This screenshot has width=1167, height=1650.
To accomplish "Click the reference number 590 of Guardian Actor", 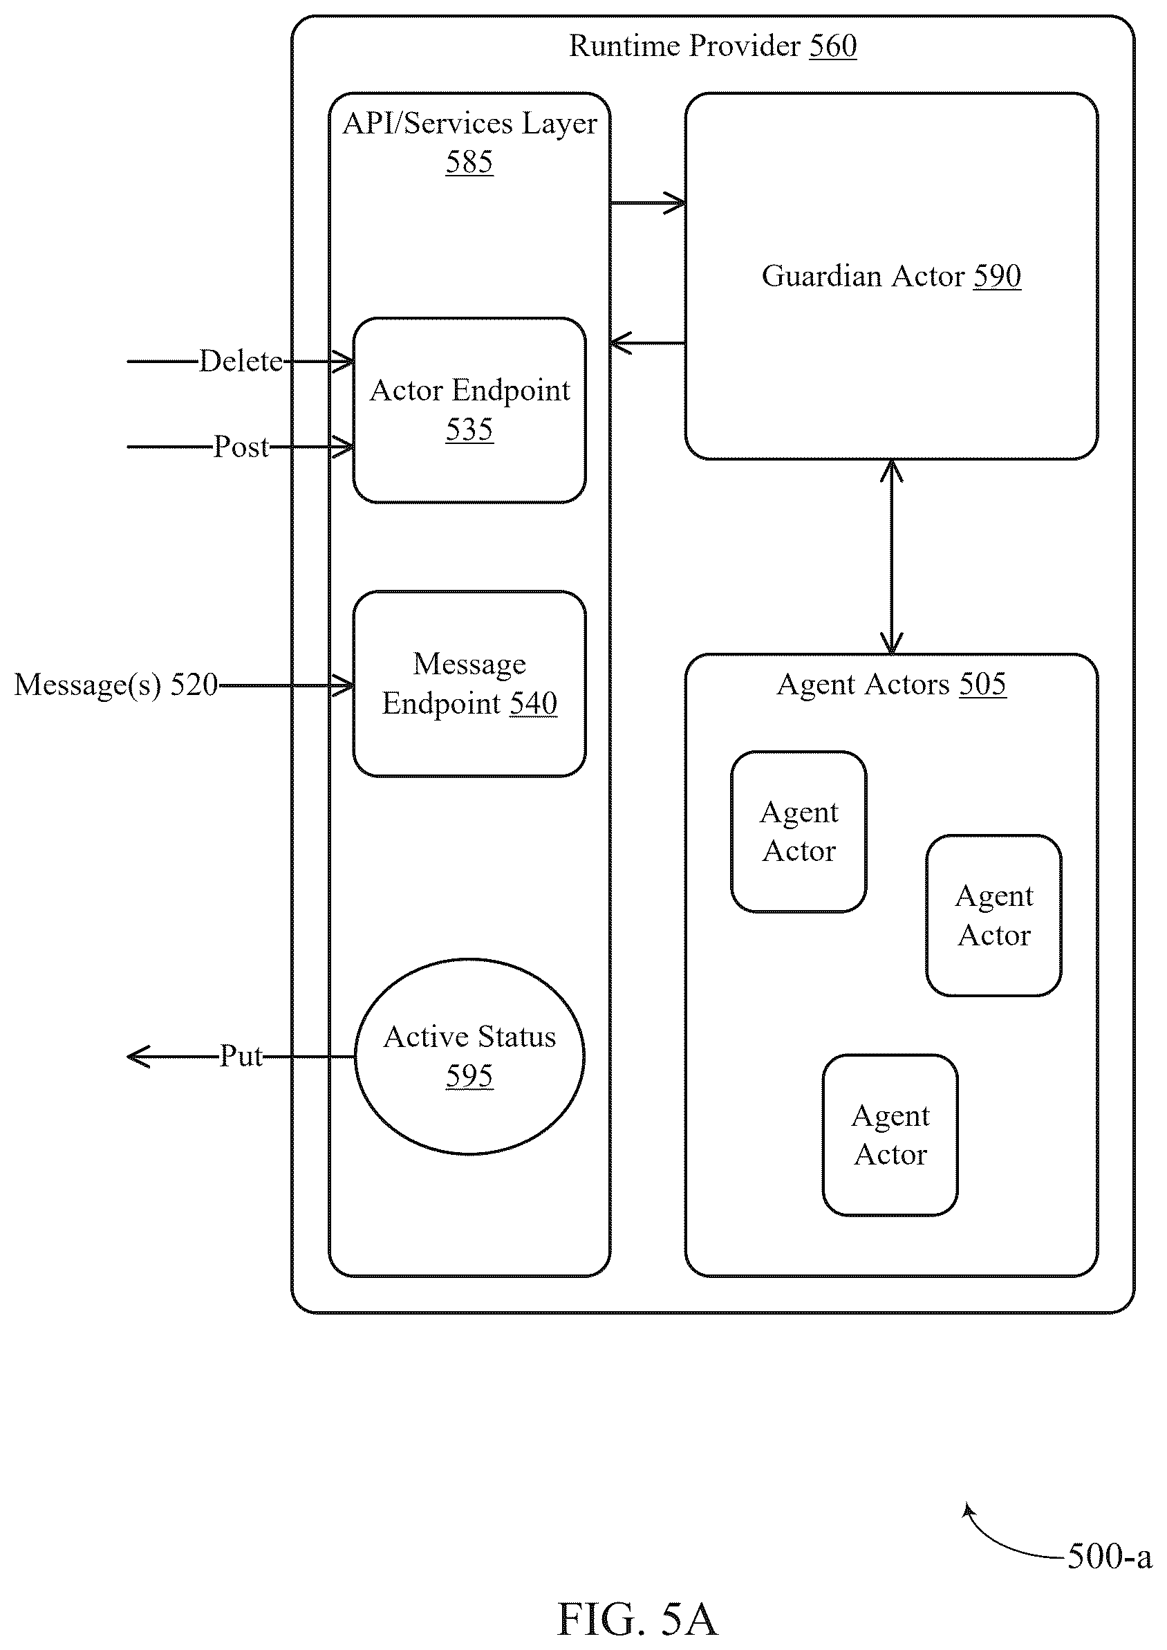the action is (x=997, y=276).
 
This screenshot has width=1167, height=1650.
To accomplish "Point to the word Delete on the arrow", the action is (x=241, y=361).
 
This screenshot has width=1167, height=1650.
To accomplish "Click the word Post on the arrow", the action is (x=241, y=447).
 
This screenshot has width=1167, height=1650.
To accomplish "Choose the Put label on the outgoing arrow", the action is (x=241, y=1056).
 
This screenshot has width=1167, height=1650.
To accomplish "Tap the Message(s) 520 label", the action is (x=115, y=685).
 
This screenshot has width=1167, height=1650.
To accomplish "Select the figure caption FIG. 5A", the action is (x=637, y=1619).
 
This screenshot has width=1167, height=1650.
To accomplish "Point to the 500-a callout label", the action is (x=1110, y=1556).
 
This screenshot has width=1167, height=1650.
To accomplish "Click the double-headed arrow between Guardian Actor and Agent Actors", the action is (x=891, y=557).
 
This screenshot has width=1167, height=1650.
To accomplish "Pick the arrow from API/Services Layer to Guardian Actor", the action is (x=648, y=203).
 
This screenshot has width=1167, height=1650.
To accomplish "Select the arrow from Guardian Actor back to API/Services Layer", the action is (x=648, y=343).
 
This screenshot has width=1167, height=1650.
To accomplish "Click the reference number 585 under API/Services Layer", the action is (x=469, y=162).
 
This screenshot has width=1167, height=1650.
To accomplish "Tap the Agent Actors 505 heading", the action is (x=891, y=684).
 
